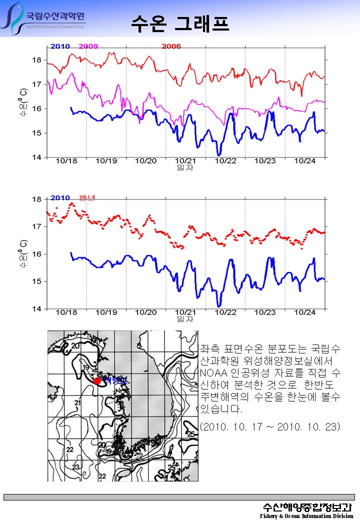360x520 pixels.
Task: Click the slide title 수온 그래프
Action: [180, 23]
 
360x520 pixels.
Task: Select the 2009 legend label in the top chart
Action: [88, 46]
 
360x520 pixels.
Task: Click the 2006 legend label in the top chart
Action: [171, 46]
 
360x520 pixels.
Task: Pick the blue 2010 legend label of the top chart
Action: [60, 46]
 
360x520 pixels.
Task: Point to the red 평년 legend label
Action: [87, 197]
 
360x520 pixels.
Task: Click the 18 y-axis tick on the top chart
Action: [37, 60]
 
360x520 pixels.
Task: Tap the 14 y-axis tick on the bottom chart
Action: [37, 308]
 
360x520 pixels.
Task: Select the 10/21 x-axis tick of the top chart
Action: [185, 161]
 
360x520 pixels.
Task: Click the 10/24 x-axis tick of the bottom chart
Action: [304, 312]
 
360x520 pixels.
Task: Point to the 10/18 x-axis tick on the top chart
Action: [66, 161]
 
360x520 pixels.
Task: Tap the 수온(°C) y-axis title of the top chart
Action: [23, 102]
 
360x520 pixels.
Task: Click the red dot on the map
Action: [97, 381]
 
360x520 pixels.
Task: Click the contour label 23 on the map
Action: [76, 466]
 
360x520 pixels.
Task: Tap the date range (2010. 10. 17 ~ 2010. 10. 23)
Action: [270, 426]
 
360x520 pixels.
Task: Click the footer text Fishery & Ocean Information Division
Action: [306, 515]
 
